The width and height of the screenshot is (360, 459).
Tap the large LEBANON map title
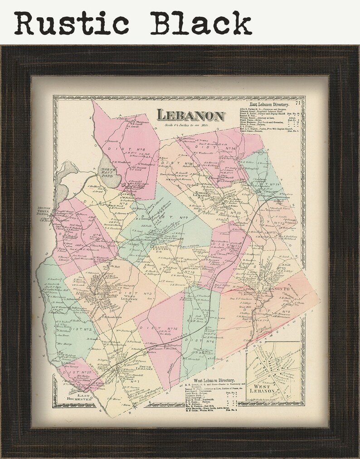191,116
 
